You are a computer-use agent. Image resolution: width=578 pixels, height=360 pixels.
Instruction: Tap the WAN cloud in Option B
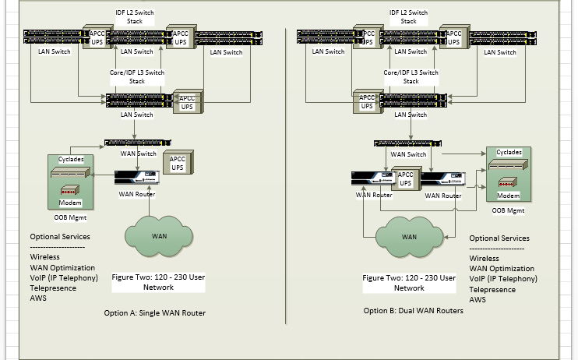click(x=408, y=236)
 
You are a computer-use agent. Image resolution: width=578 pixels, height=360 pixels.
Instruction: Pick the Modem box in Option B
click(x=509, y=196)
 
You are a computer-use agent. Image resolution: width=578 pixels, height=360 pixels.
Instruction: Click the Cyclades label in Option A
click(x=71, y=159)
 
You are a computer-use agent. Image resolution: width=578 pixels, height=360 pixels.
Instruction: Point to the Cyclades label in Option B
click(x=509, y=152)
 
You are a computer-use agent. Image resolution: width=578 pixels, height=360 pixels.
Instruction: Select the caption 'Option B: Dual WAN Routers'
click(x=413, y=311)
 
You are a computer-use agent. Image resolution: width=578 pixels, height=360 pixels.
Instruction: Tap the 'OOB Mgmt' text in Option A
click(x=70, y=217)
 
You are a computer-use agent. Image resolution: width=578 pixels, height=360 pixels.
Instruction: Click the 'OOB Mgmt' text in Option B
click(x=509, y=210)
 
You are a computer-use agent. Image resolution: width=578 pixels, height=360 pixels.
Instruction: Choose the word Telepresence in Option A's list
click(x=54, y=288)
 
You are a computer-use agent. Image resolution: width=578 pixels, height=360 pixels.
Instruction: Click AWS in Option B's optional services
click(x=478, y=299)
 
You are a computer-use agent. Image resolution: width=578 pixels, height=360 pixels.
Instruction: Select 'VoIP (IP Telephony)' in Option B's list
click(x=502, y=278)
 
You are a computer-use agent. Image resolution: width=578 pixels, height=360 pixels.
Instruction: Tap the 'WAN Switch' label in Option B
click(x=408, y=154)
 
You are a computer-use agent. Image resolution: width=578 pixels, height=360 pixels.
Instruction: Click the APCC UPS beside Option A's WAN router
click(x=177, y=163)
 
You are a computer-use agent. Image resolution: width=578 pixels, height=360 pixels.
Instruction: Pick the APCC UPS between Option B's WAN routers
click(x=405, y=180)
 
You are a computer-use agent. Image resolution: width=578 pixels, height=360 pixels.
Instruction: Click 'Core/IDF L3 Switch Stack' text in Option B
click(x=411, y=76)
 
